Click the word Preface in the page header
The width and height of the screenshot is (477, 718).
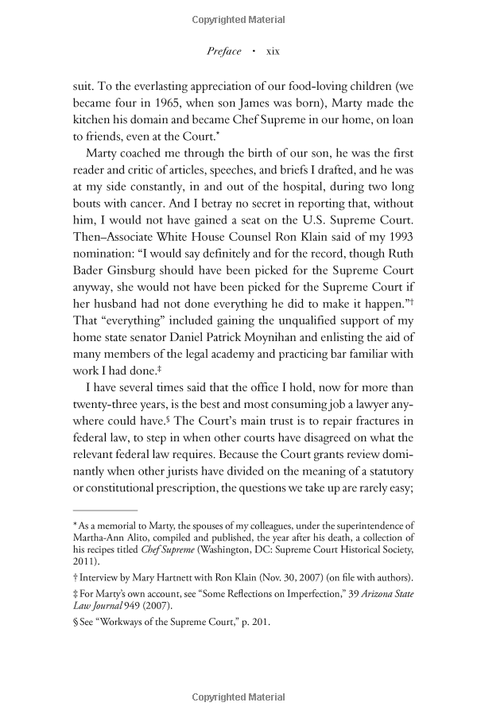click(224, 51)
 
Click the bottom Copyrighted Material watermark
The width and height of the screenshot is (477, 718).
click(238, 698)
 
